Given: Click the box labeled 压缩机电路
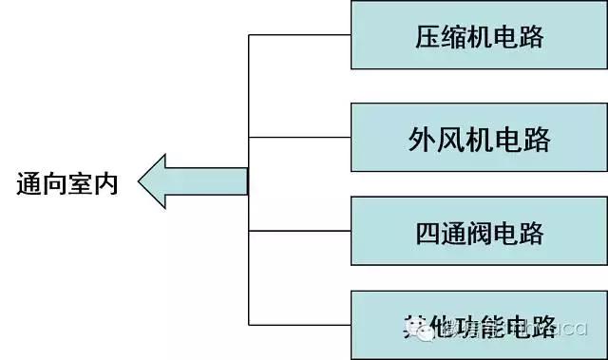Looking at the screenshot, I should (x=480, y=35).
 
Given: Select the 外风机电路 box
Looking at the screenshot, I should (x=480, y=140).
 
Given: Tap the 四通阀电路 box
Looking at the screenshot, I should (x=480, y=232).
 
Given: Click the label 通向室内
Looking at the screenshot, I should (x=67, y=183).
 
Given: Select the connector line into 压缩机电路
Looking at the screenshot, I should (x=299, y=35).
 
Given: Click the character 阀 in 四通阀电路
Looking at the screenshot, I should (x=481, y=233).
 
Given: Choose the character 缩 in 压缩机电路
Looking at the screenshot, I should (x=454, y=37).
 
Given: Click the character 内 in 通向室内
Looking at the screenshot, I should (x=105, y=183).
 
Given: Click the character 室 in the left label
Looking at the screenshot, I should (x=80, y=183).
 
